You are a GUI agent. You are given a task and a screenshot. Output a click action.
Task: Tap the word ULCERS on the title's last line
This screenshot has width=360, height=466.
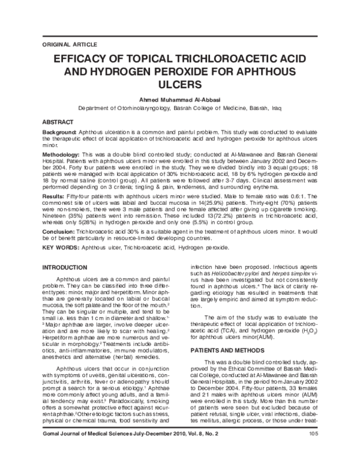coord(180,86)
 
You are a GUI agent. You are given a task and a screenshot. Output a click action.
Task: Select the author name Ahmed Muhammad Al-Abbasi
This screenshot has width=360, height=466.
coord(180,100)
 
